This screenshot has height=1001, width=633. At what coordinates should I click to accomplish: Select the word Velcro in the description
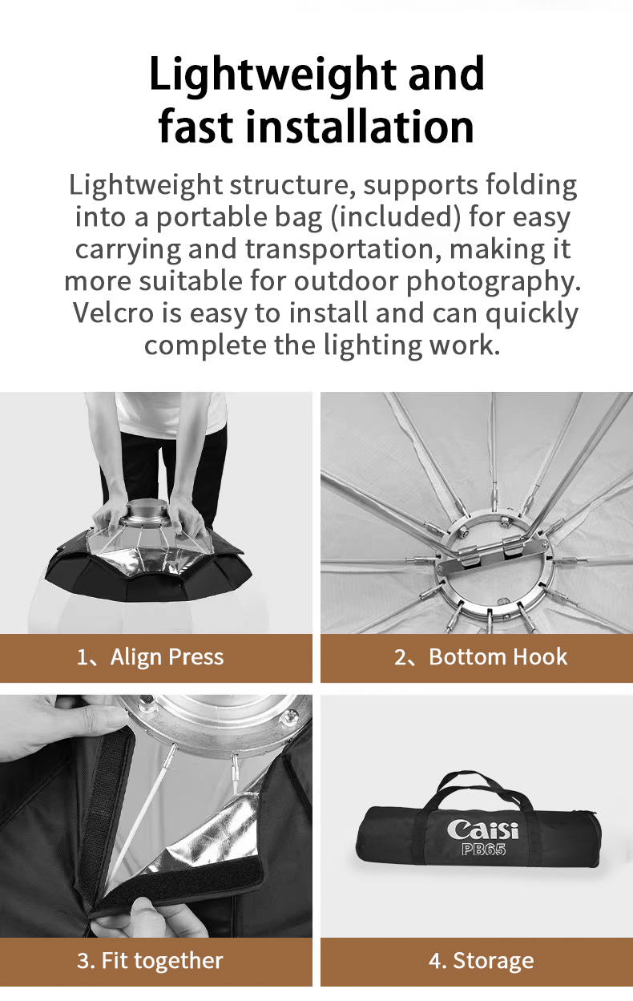pos(114,313)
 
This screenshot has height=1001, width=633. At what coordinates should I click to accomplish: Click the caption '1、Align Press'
pos(150,657)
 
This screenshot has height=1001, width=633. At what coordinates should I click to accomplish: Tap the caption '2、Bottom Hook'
pos(480,657)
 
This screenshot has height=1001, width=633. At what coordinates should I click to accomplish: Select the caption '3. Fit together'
pos(150,960)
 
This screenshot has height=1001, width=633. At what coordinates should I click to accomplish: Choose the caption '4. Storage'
pos(481,960)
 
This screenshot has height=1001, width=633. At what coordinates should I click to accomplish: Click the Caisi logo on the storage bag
pos(482,830)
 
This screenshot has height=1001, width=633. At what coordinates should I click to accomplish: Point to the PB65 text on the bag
pos(484,849)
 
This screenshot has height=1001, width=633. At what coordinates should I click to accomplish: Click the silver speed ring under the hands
pos(144,513)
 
